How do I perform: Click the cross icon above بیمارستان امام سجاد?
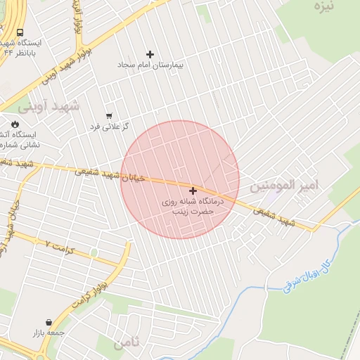click(x=150, y=54)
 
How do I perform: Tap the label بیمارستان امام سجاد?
click(x=150, y=65)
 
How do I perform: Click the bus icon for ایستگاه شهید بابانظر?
click(x=20, y=32)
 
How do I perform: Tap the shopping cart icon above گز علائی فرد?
click(x=108, y=116)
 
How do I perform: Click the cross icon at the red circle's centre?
click(x=193, y=190)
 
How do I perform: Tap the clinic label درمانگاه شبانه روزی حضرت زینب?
click(x=192, y=205)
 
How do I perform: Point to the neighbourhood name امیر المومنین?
click(x=284, y=185)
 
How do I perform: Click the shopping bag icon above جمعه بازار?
click(x=48, y=321)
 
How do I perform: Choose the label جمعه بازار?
click(x=48, y=332)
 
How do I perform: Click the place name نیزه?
click(x=324, y=6)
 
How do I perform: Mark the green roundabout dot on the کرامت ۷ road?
click(x=94, y=252)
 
